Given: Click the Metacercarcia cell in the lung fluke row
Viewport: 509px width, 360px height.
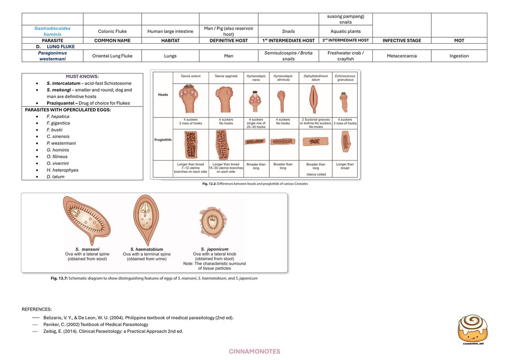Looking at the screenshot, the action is point(402,56).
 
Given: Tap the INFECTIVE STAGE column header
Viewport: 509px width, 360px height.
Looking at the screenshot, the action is point(402,40).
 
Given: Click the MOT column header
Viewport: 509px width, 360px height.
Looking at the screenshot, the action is point(459,40).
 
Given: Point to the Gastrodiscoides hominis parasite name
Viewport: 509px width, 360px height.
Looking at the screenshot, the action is point(53,31).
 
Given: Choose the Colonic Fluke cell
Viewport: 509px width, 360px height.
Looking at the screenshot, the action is point(112,31).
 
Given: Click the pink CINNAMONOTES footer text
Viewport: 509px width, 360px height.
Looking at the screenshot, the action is point(255,352).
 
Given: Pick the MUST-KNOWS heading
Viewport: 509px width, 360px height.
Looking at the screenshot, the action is point(82,76).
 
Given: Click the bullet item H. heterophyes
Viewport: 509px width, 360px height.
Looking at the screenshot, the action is point(62,170).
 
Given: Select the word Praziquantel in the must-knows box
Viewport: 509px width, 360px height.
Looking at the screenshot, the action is point(60,103).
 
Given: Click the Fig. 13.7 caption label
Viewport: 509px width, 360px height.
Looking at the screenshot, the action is point(60,278).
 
